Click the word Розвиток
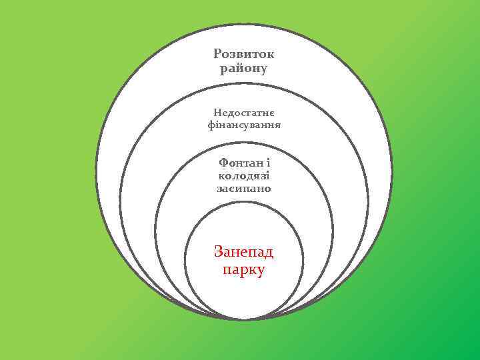pos(244,53)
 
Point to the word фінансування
pos(244,125)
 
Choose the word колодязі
pos(244,175)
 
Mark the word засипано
pos(244,189)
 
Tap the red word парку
pos(244,270)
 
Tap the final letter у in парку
pos(261,271)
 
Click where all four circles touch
pos(244,319)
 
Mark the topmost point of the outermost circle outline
pos(244,25)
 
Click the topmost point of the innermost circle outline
pos(244,202)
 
